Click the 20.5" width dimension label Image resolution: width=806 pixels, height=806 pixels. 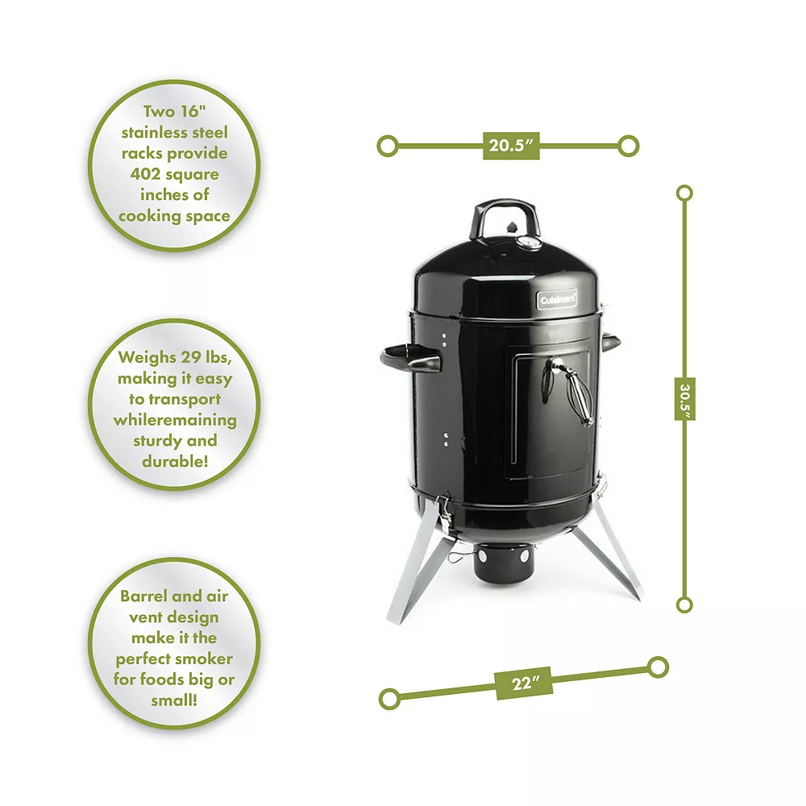511,146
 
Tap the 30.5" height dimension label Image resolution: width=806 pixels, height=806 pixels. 684,399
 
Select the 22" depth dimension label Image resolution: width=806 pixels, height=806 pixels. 525,683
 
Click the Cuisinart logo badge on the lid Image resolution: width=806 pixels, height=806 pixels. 557,299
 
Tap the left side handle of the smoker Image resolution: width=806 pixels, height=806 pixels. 410,358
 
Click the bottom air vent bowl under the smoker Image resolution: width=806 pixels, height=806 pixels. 504,563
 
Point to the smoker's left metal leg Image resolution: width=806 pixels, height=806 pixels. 418,567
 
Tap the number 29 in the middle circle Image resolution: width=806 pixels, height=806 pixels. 190,357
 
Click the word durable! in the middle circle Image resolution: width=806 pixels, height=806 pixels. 175,461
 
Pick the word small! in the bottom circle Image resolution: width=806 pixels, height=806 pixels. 174,700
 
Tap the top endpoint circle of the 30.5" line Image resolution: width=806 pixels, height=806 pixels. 684,193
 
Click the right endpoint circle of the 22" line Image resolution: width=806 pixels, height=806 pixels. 658,667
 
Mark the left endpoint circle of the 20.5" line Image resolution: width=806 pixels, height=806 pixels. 388,146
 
